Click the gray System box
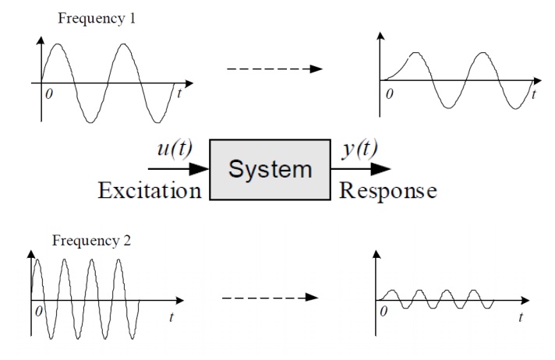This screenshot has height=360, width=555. tap(270, 170)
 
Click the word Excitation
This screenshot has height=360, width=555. tap(149, 191)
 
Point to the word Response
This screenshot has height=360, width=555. tap(388, 191)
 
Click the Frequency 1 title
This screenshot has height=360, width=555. tap(97, 18)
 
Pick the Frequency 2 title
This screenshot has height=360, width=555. tap(92, 241)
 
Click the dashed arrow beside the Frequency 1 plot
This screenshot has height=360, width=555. tap(274, 69)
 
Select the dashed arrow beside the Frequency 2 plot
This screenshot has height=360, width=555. tap(270, 297)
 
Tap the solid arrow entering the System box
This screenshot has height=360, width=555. tap(178, 168)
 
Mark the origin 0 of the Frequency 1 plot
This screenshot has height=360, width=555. tap(50, 94)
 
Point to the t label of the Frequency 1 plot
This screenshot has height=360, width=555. tap(179, 94)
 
